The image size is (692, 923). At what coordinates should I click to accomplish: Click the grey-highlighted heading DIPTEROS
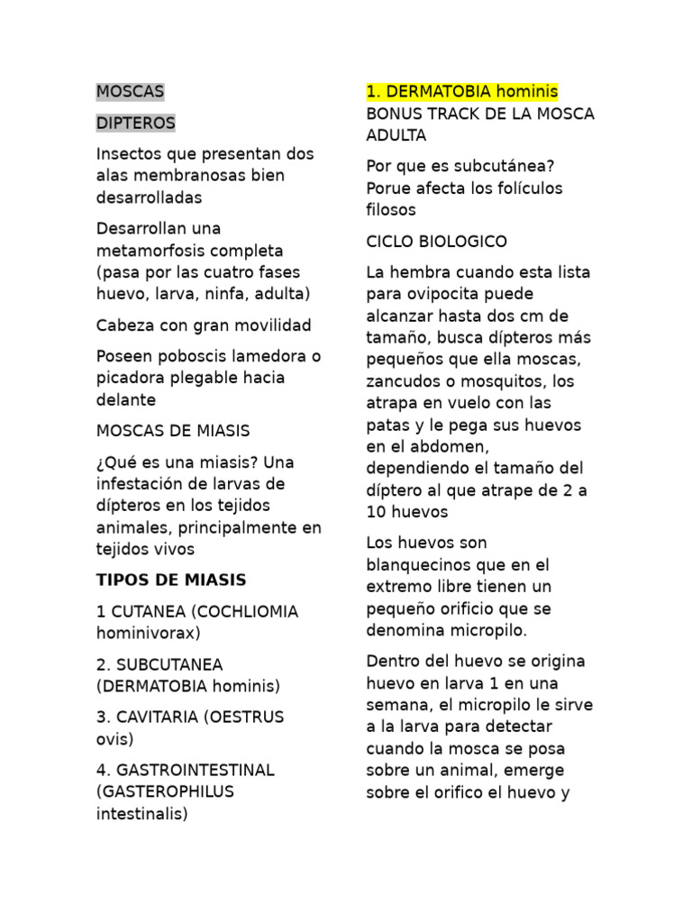(x=136, y=123)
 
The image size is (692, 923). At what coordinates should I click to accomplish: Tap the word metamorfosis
(x=157, y=251)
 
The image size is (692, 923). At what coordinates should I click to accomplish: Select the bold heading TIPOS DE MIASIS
(x=171, y=580)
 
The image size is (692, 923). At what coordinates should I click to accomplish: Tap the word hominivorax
(x=148, y=633)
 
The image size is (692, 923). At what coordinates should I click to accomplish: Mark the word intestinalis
(x=142, y=814)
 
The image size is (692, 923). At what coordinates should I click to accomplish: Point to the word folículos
(x=521, y=188)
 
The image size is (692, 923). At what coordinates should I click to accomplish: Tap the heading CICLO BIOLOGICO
(x=437, y=242)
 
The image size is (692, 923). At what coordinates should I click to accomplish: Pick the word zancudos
(x=405, y=381)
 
